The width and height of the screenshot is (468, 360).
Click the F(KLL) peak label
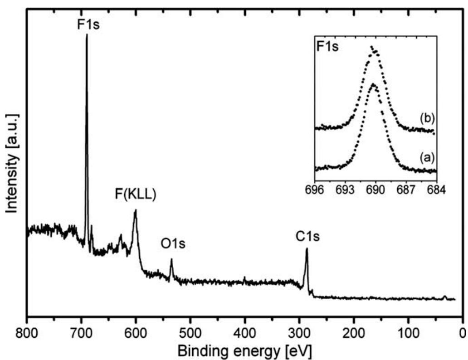pos(135,196)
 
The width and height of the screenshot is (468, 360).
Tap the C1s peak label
pos(308,236)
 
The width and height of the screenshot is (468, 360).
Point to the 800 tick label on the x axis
pos(27,330)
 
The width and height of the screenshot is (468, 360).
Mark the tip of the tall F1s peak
pos(87,35)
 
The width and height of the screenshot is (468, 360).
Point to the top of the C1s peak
pos(307,248)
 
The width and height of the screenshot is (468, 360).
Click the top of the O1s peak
pos(171,259)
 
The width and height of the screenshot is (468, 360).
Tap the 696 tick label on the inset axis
pos(315,188)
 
